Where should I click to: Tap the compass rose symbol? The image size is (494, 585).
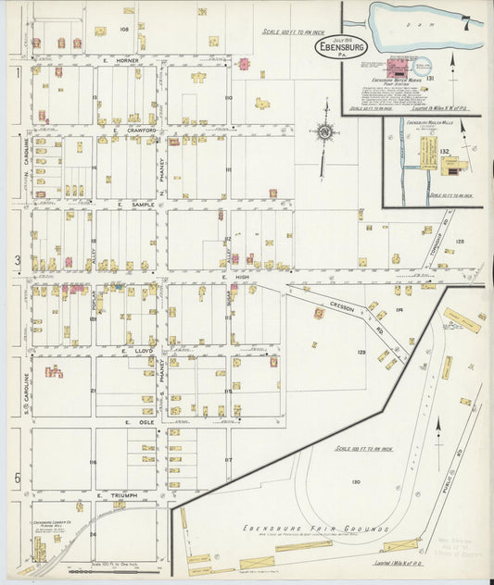(324, 132)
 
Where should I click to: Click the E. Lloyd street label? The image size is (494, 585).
(136, 352)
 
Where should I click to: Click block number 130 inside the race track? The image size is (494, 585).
(355, 481)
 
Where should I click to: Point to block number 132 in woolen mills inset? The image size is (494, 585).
(444, 150)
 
